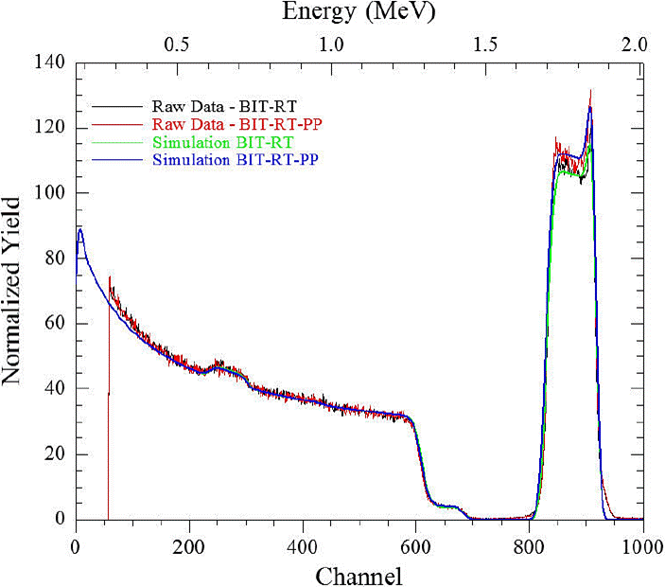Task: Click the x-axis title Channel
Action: [359, 574]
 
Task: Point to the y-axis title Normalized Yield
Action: [13, 292]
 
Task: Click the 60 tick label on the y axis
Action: [53, 324]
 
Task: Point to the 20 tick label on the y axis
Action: [53, 454]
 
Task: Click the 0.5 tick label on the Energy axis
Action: [177, 44]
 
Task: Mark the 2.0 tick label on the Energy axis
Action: [636, 44]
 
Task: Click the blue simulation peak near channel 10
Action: [80, 230]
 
